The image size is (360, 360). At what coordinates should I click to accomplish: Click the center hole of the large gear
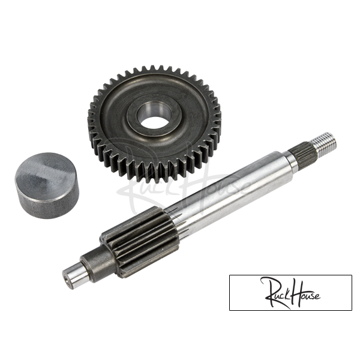click(x=154, y=115)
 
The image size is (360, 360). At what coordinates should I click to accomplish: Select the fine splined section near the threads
click(x=302, y=152)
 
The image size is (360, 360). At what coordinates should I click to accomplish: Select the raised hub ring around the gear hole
click(x=154, y=115)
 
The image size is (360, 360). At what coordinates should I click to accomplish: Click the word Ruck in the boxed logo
click(x=275, y=293)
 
